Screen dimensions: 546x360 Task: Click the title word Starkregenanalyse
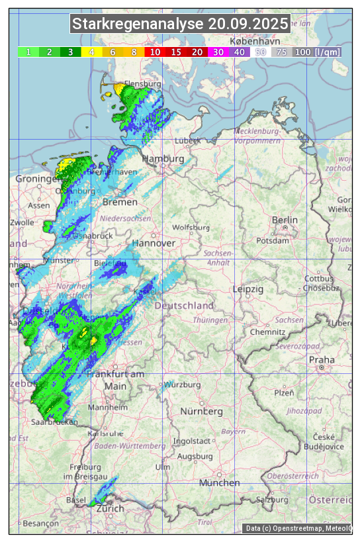(138, 24)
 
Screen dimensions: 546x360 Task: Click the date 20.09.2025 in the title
(248, 24)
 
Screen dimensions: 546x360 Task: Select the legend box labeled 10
(155, 52)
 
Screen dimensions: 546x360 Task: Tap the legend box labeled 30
(218, 52)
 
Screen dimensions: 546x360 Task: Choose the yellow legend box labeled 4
(92, 52)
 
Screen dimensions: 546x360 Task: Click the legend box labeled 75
(281, 52)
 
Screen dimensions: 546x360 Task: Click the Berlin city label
(285, 220)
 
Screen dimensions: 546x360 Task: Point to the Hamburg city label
(163, 159)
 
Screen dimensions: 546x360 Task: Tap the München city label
(219, 483)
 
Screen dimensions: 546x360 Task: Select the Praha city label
(322, 360)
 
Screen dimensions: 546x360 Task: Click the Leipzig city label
(248, 289)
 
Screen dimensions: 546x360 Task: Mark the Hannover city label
(154, 243)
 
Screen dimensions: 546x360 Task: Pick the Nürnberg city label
(202, 412)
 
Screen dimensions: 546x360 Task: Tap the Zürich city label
(110, 508)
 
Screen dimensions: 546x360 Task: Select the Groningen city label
(38, 179)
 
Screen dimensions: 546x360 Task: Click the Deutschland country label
(184, 306)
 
